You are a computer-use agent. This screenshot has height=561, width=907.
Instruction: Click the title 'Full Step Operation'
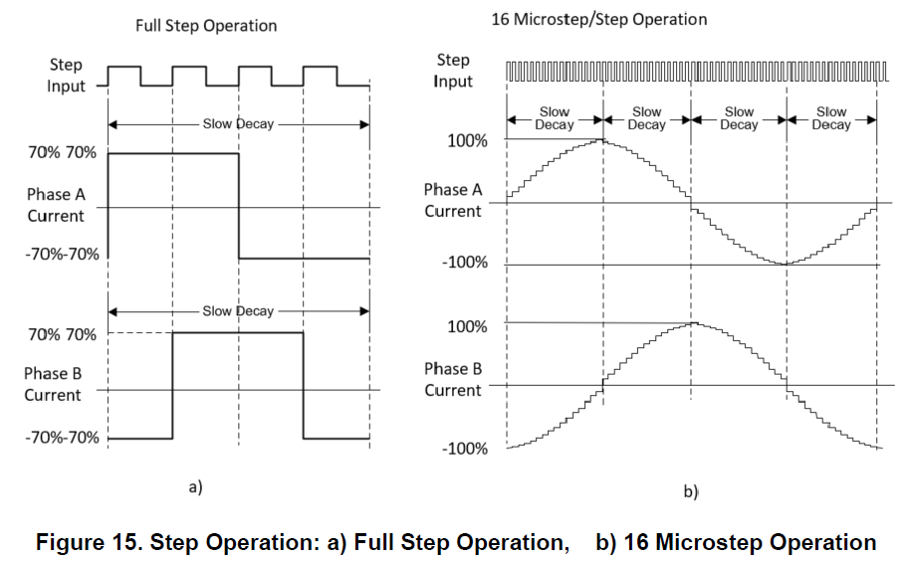point(206,26)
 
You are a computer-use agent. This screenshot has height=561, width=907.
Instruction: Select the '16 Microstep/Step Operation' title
point(599,20)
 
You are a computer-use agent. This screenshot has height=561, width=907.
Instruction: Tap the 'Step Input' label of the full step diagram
point(66,76)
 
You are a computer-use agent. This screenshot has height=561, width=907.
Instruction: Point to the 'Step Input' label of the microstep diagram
point(453,71)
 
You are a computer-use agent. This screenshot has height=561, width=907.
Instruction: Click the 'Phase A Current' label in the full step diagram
point(56,205)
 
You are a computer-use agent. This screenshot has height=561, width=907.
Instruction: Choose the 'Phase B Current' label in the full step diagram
point(53,384)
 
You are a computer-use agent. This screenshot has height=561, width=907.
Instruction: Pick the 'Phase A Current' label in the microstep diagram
point(453,201)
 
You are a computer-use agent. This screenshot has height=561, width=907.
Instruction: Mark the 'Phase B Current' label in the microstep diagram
point(453,380)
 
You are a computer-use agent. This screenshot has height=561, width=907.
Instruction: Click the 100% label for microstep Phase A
point(467,141)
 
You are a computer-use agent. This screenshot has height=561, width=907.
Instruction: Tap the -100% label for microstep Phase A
point(465,263)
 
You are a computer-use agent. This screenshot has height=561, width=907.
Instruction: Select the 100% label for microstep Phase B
point(467,327)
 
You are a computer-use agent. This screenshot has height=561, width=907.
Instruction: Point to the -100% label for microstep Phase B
point(465,449)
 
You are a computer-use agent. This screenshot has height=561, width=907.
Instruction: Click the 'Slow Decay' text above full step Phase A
point(238,124)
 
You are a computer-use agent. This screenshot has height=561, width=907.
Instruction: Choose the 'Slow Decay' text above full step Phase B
point(238,311)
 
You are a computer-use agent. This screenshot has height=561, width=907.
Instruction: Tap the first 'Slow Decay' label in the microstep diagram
point(555,118)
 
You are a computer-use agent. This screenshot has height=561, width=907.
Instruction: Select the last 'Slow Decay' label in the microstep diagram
point(831,118)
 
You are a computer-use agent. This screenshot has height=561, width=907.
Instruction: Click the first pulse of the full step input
point(123,67)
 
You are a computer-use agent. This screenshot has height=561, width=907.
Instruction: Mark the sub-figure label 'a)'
point(195,487)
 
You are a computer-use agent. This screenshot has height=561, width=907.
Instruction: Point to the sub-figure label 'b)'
point(691,491)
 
